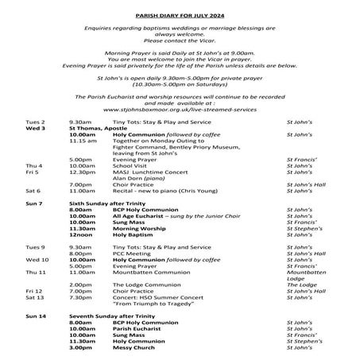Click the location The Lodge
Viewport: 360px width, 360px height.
point(300,285)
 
